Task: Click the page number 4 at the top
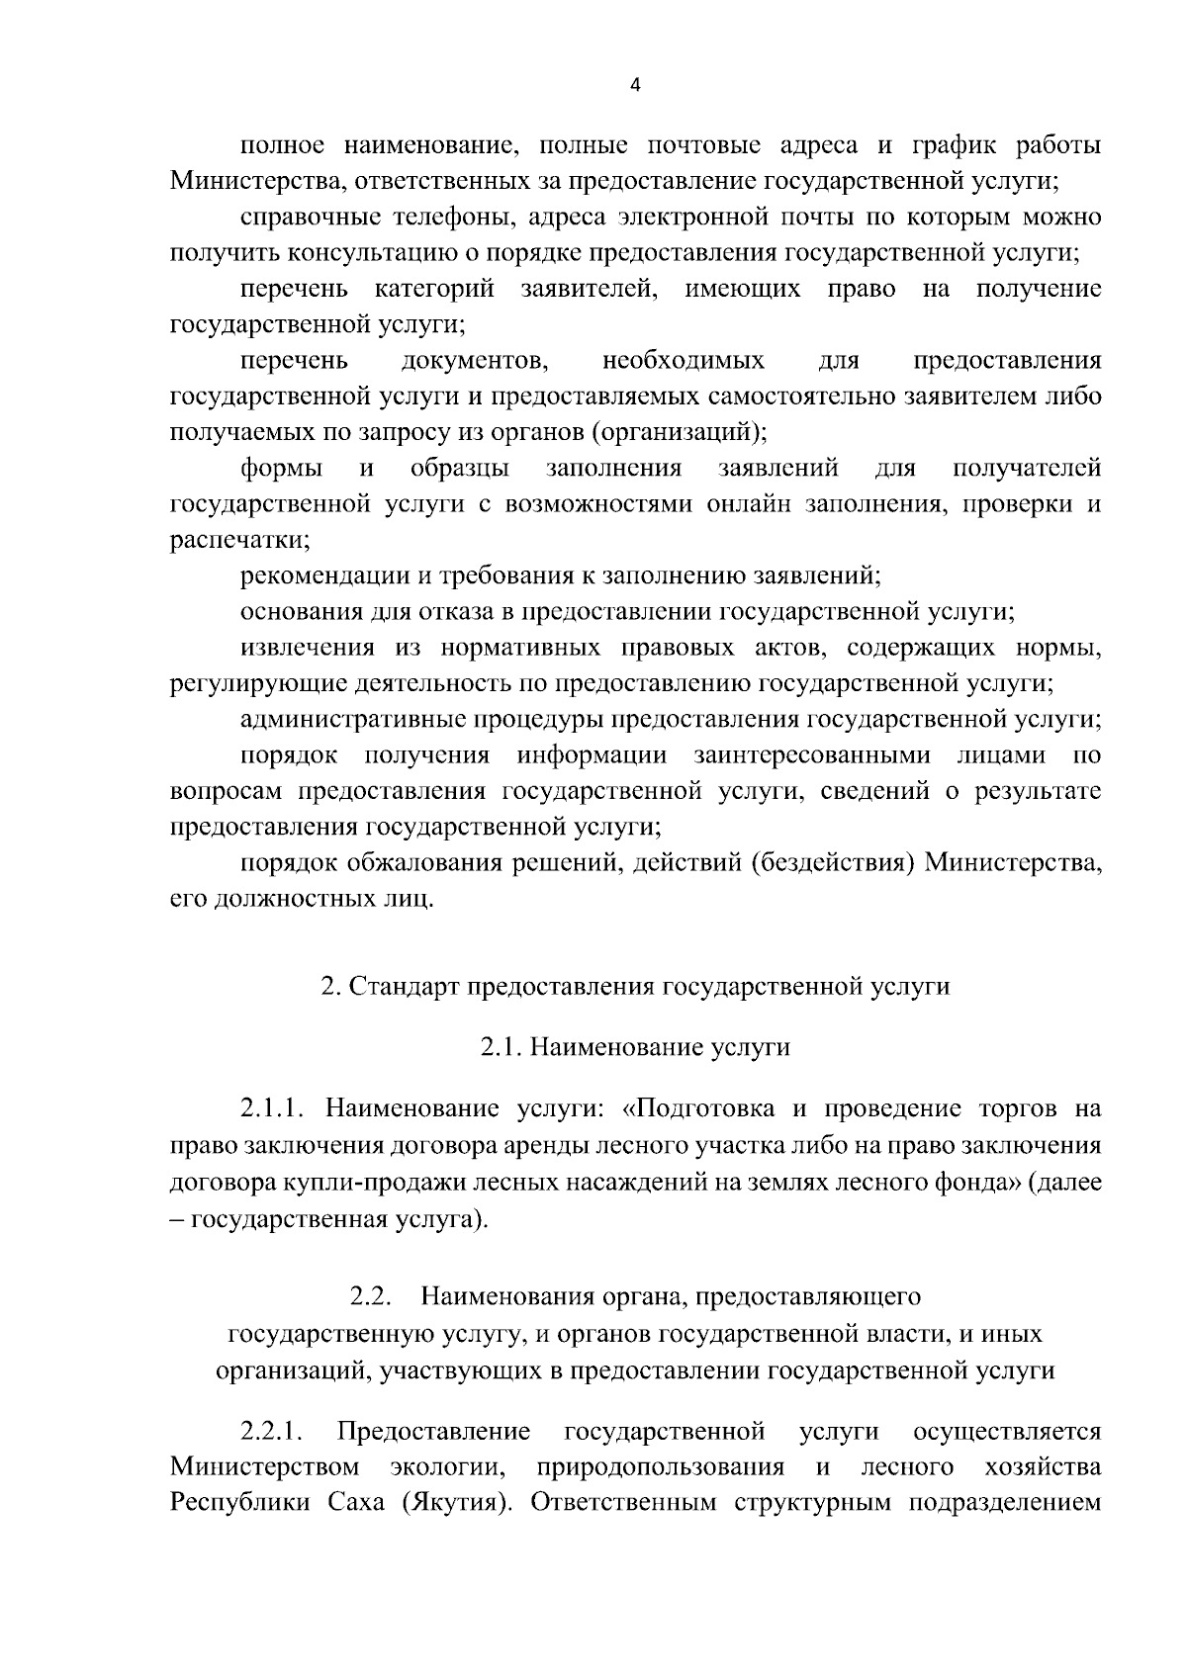pos(635,86)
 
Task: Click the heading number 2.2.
pos(372,1295)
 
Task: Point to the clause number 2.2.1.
pos(271,1431)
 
